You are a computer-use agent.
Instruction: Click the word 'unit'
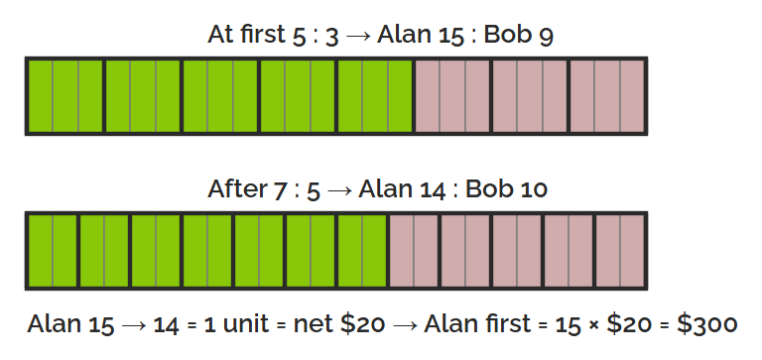tap(245, 323)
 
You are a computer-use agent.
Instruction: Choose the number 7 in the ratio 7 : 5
tap(280, 190)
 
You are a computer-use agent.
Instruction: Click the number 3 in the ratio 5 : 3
tap(331, 37)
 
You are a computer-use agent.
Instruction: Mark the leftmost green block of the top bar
tap(65, 96)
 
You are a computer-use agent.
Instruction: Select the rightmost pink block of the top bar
tap(607, 96)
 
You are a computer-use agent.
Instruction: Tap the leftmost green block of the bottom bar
tap(53, 251)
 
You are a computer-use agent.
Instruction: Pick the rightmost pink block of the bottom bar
tap(620, 251)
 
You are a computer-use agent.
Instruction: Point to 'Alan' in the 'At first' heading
tap(404, 34)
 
